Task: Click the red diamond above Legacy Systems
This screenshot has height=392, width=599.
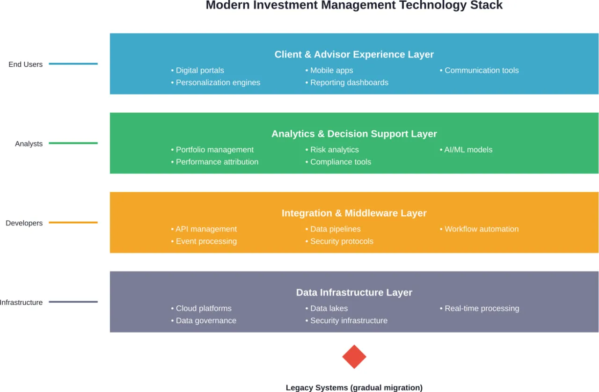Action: click(354, 357)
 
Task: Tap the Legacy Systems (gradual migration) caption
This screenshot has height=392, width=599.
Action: click(354, 387)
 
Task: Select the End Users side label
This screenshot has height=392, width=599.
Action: click(25, 65)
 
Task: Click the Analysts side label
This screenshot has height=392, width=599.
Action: click(29, 144)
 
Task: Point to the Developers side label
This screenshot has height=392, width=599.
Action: click(24, 223)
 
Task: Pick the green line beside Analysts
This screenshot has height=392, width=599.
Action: click(73, 143)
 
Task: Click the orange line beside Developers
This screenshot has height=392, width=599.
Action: click(73, 223)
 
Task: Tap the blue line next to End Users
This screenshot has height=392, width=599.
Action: click(73, 64)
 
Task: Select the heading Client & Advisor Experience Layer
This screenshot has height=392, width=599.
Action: click(354, 54)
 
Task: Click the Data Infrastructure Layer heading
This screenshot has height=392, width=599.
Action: click(354, 292)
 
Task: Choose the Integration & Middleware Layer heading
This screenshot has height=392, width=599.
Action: click(354, 213)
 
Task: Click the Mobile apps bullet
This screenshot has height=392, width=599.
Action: click(331, 70)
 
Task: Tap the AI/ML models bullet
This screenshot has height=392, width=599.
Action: click(468, 150)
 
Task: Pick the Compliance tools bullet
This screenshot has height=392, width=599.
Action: click(340, 162)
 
